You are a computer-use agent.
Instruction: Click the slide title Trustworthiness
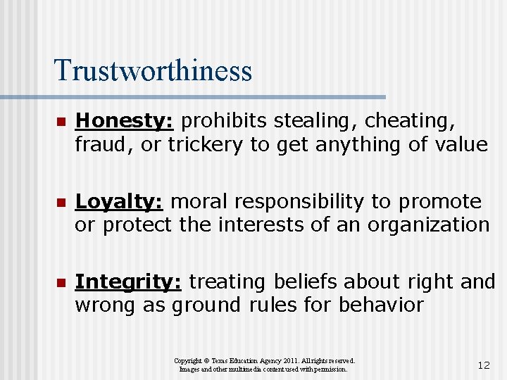tap(152, 70)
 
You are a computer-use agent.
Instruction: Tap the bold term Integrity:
tap(129, 282)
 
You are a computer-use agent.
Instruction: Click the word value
tap(461, 145)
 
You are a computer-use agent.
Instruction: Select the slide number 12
tap(483, 366)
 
